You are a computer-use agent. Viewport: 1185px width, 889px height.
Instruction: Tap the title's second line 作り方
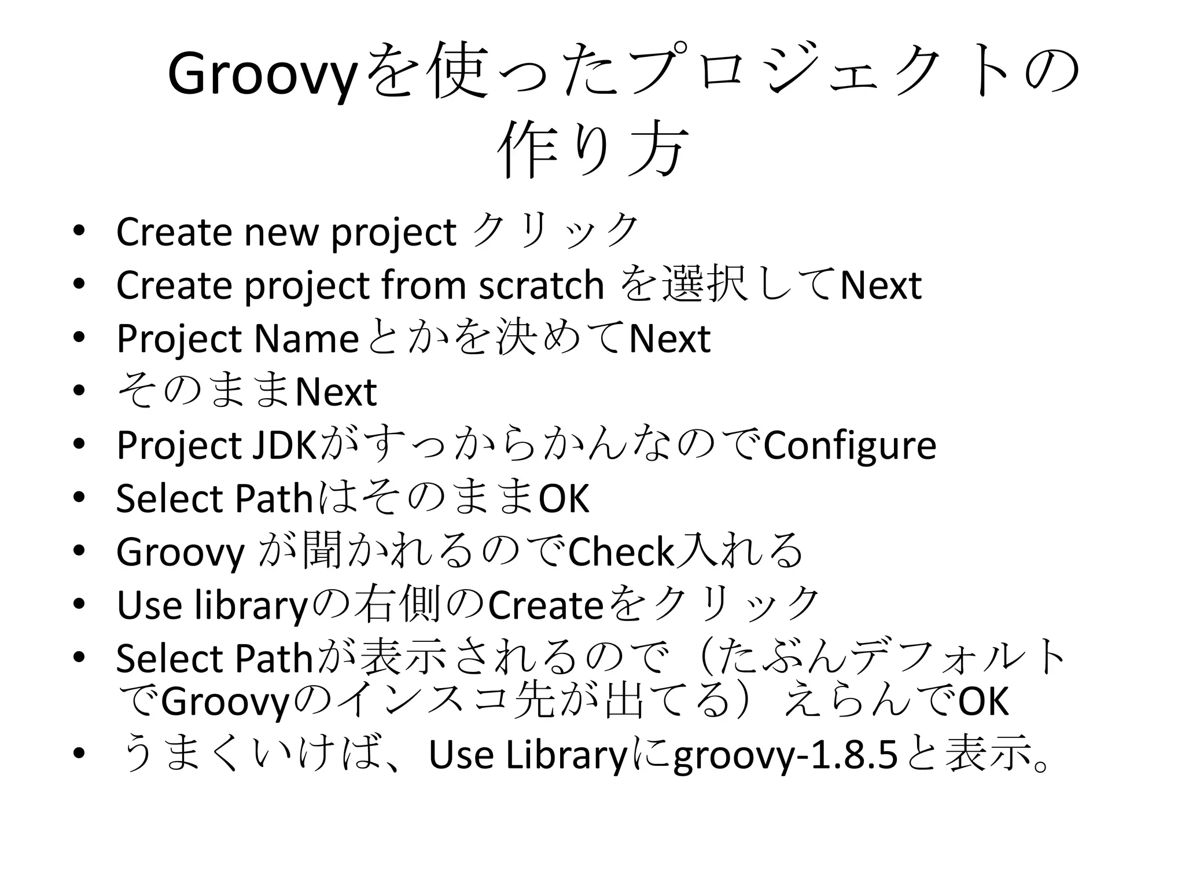(x=592, y=149)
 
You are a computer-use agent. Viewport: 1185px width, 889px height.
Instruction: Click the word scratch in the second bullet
(x=542, y=285)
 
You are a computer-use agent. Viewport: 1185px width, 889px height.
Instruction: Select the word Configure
(x=849, y=446)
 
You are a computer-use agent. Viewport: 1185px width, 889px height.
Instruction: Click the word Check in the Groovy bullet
(x=621, y=552)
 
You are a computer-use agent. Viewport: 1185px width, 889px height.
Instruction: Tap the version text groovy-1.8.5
(x=786, y=756)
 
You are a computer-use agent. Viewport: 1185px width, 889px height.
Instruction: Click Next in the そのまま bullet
(x=336, y=392)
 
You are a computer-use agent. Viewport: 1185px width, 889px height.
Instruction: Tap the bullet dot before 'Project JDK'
(x=79, y=444)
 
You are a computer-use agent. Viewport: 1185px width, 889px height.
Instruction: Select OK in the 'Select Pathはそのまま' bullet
(x=564, y=499)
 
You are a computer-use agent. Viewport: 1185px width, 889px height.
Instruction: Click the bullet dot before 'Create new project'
(x=79, y=231)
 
